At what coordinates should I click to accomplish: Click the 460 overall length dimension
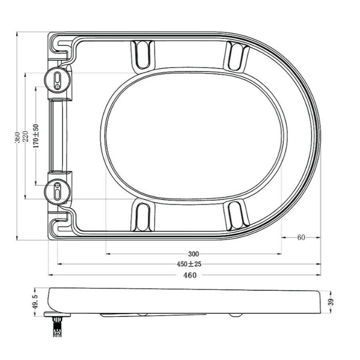pyautogui.click(x=190, y=275)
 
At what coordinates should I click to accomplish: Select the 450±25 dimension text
pyautogui.click(x=189, y=264)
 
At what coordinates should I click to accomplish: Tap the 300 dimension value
pyautogui.click(x=194, y=254)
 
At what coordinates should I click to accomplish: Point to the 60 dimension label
pyautogui.click(x=301, y=237)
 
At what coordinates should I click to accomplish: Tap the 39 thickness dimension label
pyautogui.click(x=330, y=302)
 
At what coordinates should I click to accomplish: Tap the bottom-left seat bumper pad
pyautogui.click(x=142, y=216)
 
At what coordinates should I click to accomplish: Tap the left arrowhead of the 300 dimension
pyautogui.click(x=107, y=254)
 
